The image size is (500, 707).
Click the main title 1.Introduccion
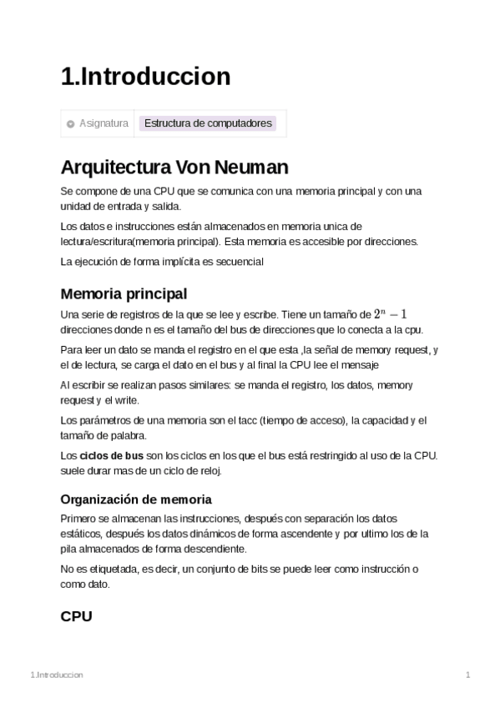[x=145, y=77]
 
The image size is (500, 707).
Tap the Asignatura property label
[x=104, y=123]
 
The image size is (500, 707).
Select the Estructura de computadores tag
[x=208, y=123]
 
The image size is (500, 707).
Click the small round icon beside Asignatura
[x=71, y=124]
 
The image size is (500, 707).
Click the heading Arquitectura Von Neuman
[x=174, y=167]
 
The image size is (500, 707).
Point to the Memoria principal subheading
[x=124, y=293]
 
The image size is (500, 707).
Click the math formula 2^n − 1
[x=390, y=314]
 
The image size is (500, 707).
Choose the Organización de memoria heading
[x=136, y=499]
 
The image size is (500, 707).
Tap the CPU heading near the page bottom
[x=76, y=616]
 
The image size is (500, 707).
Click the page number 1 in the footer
[x=468, y=674]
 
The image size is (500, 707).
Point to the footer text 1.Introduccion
[x=56, y=674]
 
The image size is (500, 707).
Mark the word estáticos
[x=82, y=534]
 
